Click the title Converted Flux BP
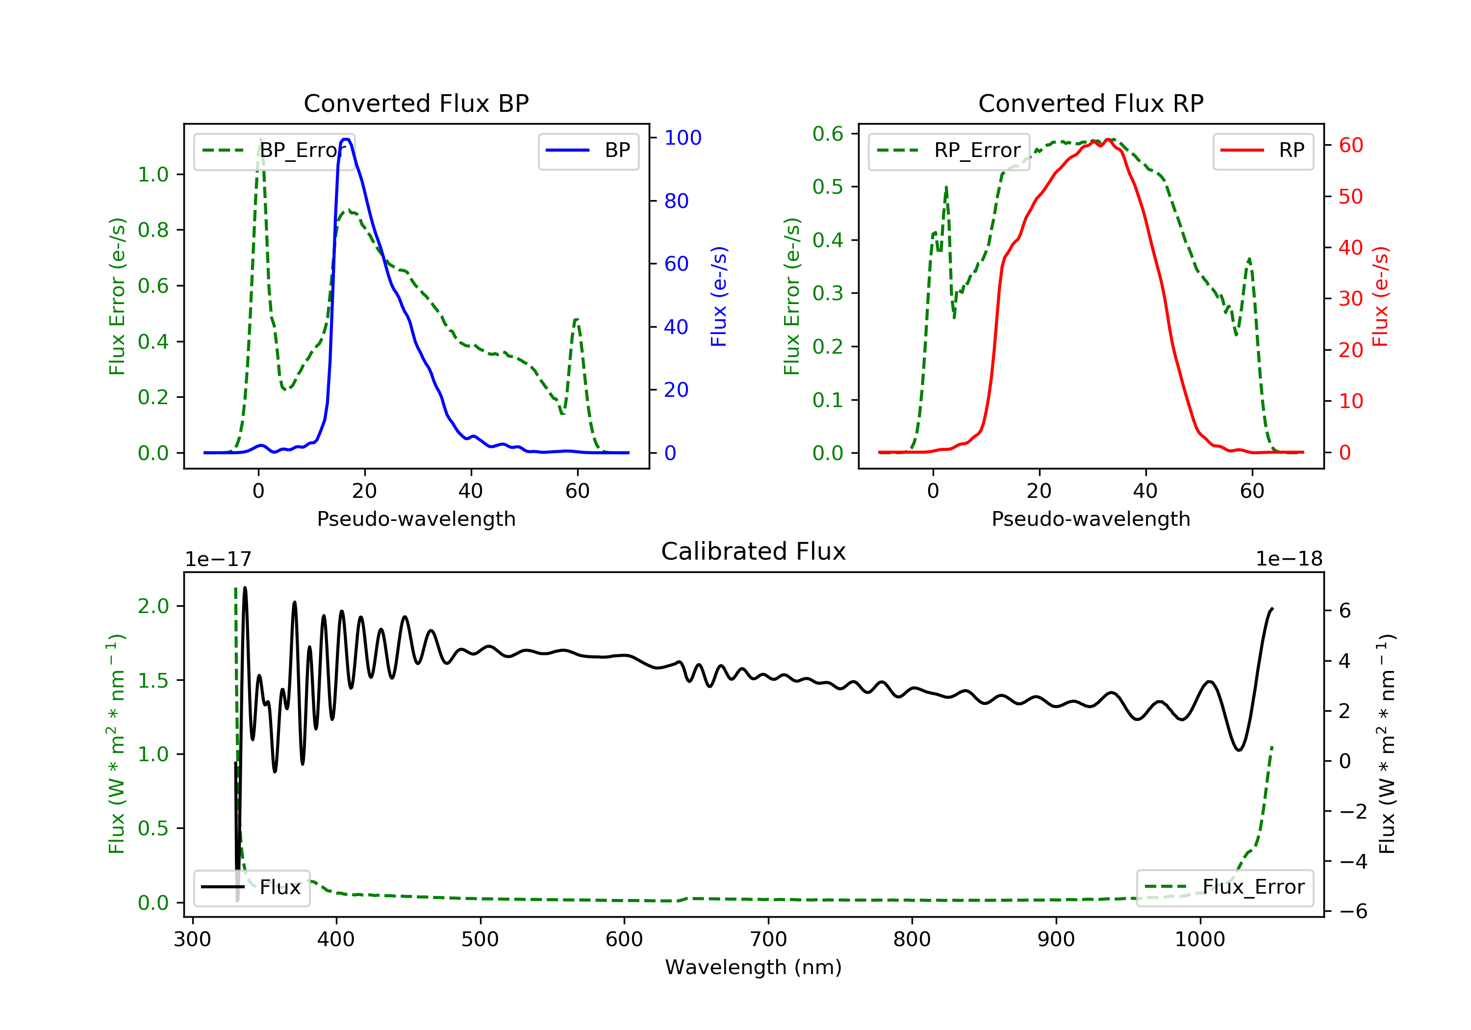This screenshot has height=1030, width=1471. (x=416, y=103)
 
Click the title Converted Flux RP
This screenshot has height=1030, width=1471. (x=1091, y=103)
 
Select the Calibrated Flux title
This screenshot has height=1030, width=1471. (x=754, y=551)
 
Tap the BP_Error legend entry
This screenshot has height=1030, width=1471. (x=274, y=151)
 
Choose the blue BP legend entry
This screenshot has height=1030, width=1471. (x=588, y=151)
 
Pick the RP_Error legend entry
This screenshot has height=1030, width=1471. (x=949, y=151)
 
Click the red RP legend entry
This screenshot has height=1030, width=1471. (x=1263, y=151)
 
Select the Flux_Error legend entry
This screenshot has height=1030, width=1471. (x=1224, y=887)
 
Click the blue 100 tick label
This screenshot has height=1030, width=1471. (x=683, y=138)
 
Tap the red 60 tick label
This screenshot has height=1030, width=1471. (x=1351, y=146)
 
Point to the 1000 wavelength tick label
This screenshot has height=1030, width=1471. (x=1200, y=940)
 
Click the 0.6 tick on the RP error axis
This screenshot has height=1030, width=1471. (x=828, y=134)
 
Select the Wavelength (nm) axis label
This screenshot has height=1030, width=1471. (x=754, y=967)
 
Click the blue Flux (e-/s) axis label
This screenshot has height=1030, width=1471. (x=719, y=296)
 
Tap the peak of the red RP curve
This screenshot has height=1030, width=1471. (x=1108, y=140)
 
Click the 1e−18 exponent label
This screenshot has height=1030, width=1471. (x=1289, y=559)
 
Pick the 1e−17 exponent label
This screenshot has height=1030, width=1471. (x=219, y=559)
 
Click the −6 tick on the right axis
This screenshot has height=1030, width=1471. (x=1353, y=911)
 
